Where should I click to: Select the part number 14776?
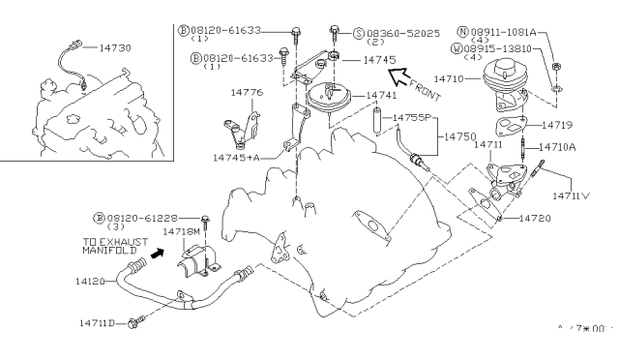click(x=246, y=93)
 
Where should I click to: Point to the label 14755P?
click(x=415, y=119)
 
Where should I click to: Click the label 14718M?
click(x=181, y=232)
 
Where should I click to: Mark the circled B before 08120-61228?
click(x=99, y=218)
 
